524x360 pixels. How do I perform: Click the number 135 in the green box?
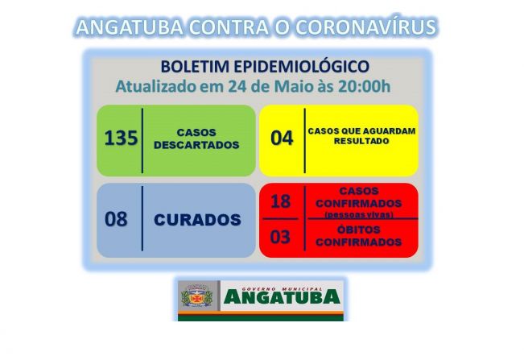coord(121,138)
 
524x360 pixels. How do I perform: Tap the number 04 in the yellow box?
coord(282,138)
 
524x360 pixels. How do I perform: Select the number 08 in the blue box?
coord(116,219)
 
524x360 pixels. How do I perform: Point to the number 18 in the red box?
coord(280,201)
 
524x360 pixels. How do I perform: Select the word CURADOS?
coord(198,219)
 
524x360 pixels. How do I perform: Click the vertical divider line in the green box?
coord(142,139)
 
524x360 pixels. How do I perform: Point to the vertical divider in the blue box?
coord(142,219)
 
